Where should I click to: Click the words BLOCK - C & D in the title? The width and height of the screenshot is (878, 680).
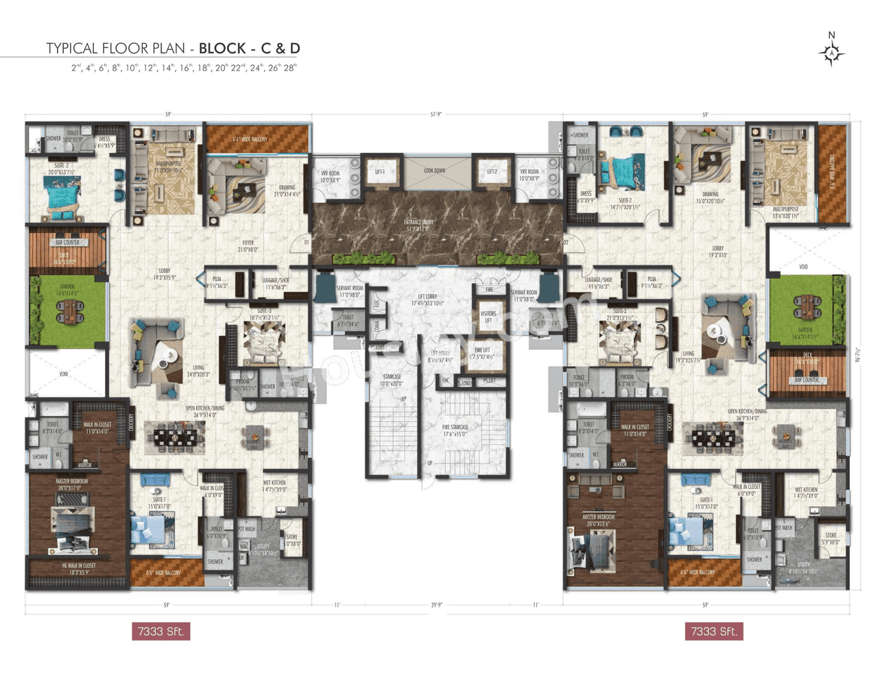coord(249,48)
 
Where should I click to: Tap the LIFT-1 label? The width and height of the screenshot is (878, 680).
coord(380,172)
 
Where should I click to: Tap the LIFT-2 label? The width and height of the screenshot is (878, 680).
coord(492,172)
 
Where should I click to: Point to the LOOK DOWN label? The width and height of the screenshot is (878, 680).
coord(434,171)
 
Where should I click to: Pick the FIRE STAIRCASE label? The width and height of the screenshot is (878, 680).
coord(455,430)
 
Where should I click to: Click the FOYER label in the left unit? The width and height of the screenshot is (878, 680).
coord(248,246)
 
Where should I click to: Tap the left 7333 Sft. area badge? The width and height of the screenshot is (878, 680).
coord(161,631)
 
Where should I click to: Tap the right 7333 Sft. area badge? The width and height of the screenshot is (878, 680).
coord(713,631)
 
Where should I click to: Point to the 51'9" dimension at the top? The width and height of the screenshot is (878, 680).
coord(436,114)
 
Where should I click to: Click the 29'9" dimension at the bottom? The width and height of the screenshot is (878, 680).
coord(436,605)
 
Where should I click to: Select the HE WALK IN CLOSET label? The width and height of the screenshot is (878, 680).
coord(78,568)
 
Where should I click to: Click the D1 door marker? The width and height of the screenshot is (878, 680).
coord(307,242)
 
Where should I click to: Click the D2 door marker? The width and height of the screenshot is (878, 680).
coord(566,242)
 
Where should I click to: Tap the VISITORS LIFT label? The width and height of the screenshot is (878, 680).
coord(488,317)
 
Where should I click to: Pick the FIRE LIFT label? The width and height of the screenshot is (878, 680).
coord(482,353)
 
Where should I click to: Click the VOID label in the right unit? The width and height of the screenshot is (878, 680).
coord(803,267)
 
